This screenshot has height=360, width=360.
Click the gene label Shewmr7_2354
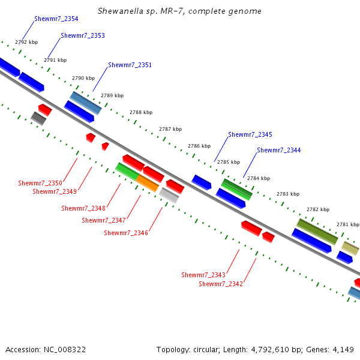pos(56,19)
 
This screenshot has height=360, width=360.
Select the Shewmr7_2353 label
pos(83,35)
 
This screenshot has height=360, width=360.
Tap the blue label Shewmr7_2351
pos(130,65)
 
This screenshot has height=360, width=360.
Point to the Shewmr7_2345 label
pos(250,134)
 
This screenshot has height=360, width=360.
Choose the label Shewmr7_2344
pos(279,150)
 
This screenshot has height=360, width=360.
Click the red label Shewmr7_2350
pos(40,183)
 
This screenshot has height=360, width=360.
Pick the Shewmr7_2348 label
pos(83,208)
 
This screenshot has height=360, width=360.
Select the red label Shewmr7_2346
pos(126,233)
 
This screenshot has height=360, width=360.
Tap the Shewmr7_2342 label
pos(221,284)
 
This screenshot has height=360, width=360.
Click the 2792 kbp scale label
pos(26,42)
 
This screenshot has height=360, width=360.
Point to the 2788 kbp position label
pos(141,112)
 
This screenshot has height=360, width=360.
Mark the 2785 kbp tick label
pos(229,162)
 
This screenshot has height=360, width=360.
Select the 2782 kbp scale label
pos(318,209)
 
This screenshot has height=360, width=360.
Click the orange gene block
pos(148,183)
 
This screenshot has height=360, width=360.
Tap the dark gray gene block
pos(38,118)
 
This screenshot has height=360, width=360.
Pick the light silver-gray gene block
pos(169,196)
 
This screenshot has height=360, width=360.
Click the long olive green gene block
pos(317,232)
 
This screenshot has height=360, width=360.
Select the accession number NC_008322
pos(65,350)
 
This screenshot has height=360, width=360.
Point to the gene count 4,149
pos(343,350)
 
